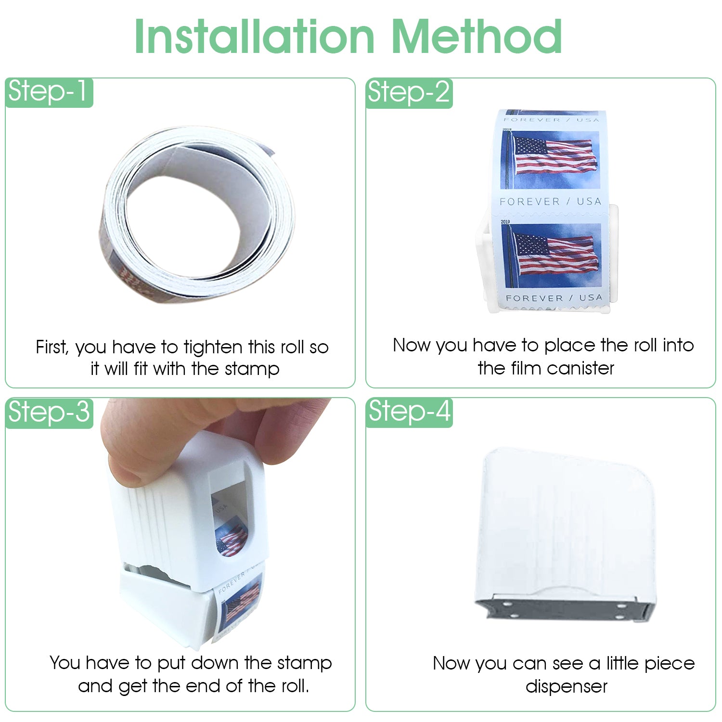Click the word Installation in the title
click(255, 37)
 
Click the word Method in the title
click(477, 37)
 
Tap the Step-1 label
click(49, 92)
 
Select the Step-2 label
click(409, 93)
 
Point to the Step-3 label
click(49, 413)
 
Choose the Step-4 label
click(409, 412)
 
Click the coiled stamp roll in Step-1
click(197, 212)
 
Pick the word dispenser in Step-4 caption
click(567, 686)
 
